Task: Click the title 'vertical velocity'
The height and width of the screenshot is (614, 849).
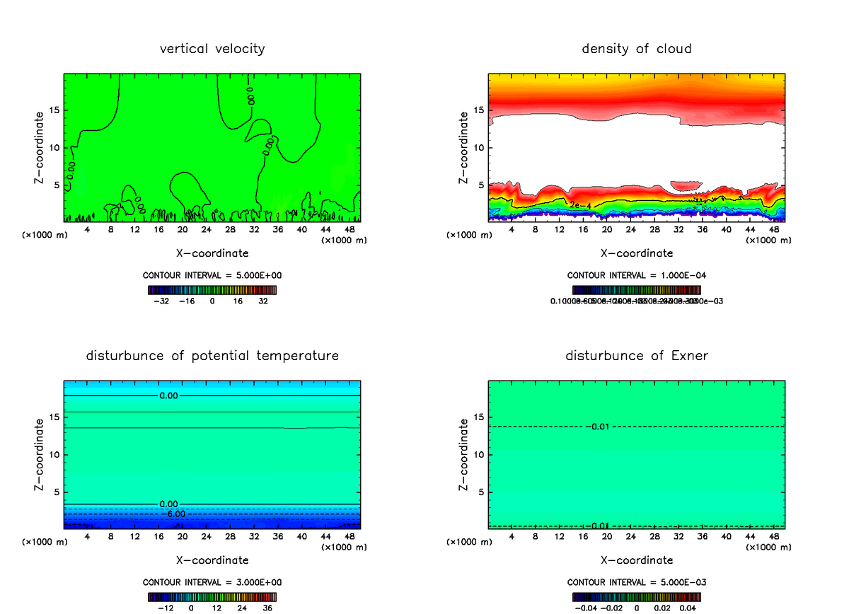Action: click(x=212, y=49)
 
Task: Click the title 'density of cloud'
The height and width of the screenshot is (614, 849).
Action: click(x=637, y=49)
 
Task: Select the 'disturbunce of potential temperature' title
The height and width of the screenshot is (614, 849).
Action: click(x=212, y=355)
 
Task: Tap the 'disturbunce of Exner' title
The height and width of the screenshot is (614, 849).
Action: click(x=637, y=355)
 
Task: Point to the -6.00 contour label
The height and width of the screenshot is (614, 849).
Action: click(x=173, y=514)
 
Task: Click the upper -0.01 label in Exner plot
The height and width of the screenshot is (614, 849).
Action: click(x=598, y=427)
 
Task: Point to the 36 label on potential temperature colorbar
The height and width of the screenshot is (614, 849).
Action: click(x=268, y=608)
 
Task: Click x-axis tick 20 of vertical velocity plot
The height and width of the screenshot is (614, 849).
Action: click(x=182, y=229)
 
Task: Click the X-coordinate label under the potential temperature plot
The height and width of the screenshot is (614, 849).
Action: click(x=212, y=560)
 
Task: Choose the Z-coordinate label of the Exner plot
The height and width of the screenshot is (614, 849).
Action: click(x=464, y=454)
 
